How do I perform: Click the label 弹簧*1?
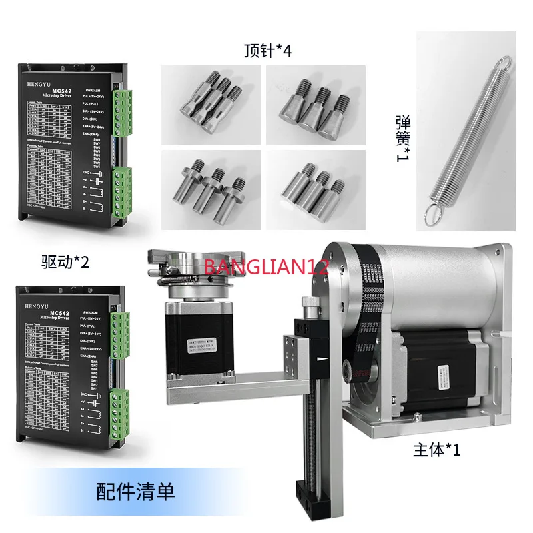click(404, 133)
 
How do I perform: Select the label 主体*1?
click(437, 450)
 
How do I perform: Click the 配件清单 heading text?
click(135, 492)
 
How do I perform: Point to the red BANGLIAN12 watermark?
click(266, 268)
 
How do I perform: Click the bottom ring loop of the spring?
click(432, 215)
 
